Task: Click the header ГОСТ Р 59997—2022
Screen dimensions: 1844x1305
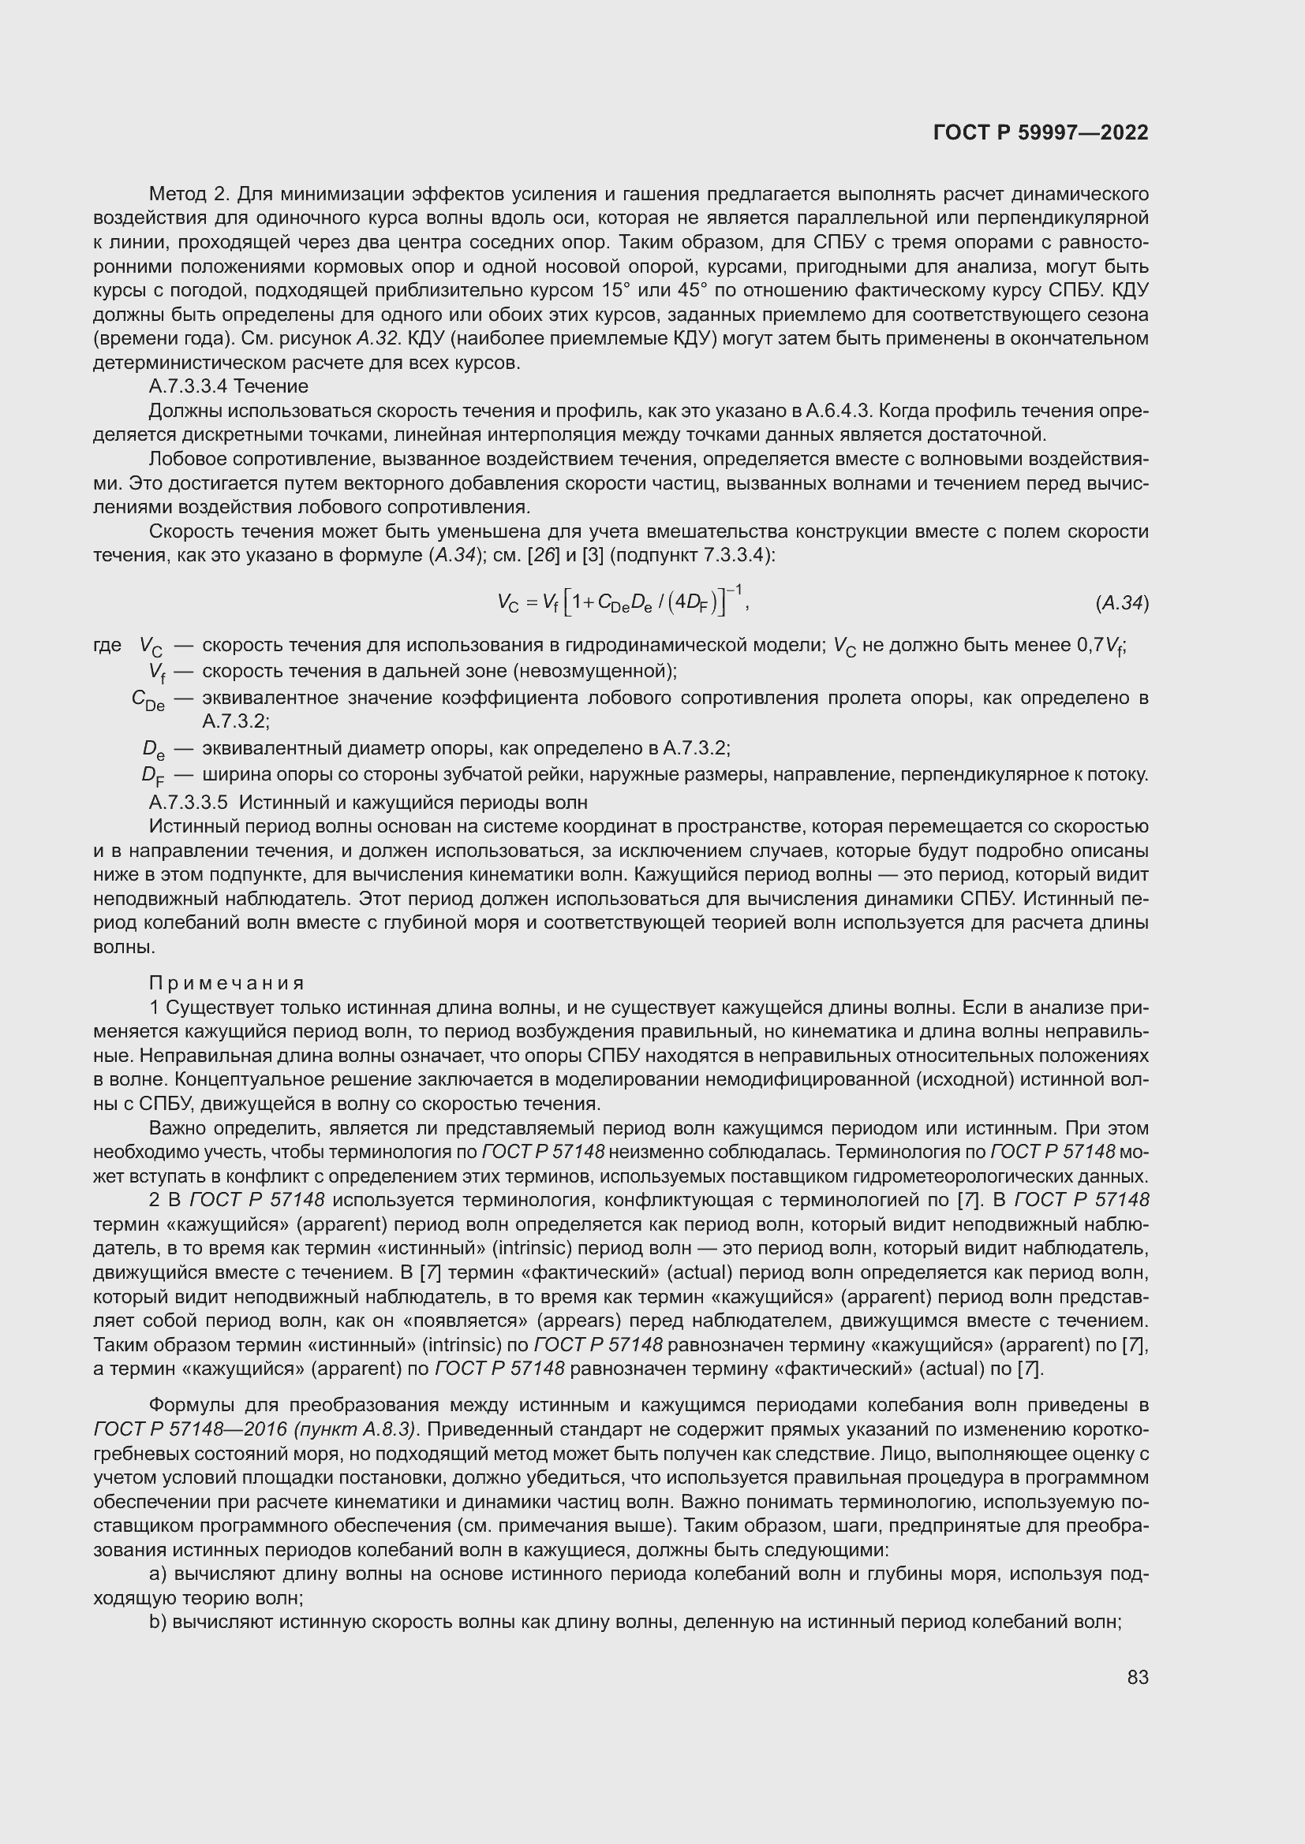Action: click(x=1041, y=132)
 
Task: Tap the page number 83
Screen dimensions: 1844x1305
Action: click(x=1138, y=1677)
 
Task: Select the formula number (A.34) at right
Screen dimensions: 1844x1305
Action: click(x=1122, y=603)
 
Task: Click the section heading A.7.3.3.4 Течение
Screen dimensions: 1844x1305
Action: click(x=228, y=386)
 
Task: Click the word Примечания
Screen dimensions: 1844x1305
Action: click(x=226, y=983)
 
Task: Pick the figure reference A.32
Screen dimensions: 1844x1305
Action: click(x=376, y=338)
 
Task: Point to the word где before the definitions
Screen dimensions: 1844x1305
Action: click(x=107, y=645)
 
